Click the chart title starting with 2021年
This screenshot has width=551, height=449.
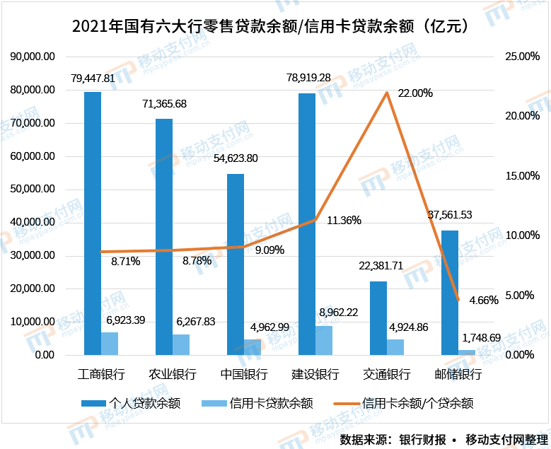274,26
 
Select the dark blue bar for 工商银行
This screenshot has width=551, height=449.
93,223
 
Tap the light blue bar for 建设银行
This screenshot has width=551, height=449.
324,340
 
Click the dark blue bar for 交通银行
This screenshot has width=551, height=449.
378,317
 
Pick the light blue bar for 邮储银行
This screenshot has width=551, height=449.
467,352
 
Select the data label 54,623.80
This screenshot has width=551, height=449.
235,158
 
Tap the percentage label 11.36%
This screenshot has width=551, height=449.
344,221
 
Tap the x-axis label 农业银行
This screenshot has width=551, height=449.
173,373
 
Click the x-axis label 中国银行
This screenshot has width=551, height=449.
243,373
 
